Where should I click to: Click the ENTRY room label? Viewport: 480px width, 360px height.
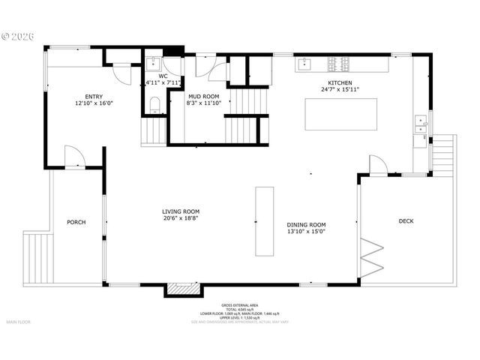94,96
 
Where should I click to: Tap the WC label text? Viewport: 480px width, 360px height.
162,75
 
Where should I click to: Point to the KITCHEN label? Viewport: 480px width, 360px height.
340,82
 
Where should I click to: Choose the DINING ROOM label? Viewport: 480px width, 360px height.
307,224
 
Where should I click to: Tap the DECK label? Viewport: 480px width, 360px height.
406,220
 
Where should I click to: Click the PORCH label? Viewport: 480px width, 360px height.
76,222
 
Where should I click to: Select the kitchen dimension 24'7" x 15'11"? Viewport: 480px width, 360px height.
340,90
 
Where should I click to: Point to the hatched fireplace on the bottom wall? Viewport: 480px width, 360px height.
178,289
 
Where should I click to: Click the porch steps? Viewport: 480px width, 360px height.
36,257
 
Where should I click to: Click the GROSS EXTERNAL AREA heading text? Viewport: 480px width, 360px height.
241,306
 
